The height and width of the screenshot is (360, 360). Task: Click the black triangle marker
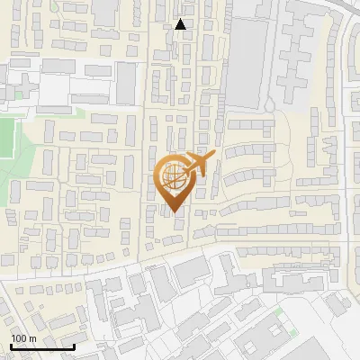click(x=181, y=24)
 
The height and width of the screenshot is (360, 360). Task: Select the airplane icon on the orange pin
click(x=198, y=165)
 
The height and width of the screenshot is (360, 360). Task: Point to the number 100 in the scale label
click(x=20, y=337)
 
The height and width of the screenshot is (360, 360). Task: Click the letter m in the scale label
click(x=32, y=337)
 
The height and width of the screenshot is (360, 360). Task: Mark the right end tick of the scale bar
click(x=74, y=345)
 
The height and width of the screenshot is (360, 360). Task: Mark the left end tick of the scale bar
click(x=11, y=345)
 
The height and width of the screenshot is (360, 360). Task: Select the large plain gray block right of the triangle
click(x=247, y=63)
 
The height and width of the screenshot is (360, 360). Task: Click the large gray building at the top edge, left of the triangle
click(x=105, y=11)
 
